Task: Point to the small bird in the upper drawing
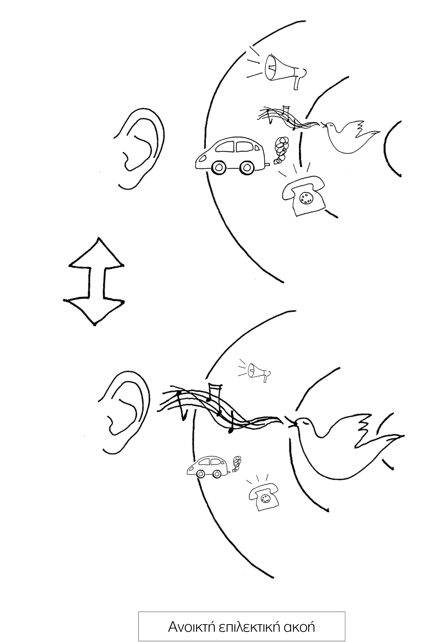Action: coord(351,136)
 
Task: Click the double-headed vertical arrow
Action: coord(94,281)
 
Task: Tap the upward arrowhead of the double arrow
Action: coord(96,252)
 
